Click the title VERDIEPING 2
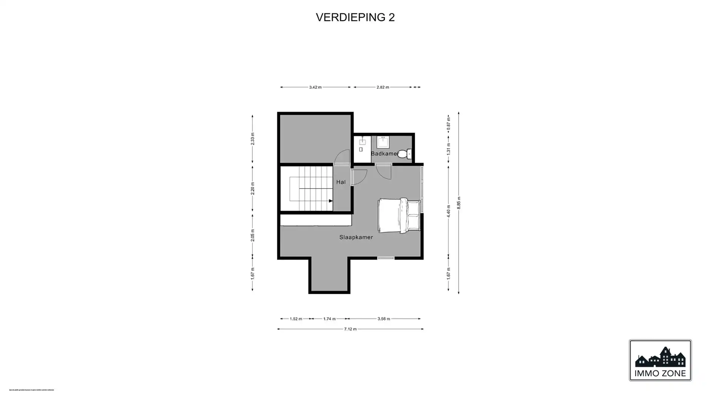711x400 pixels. (355, 17)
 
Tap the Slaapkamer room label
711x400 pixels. (356, 237)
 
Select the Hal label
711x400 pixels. (341, 182)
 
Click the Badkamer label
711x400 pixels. (384, 153)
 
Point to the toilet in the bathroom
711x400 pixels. (404, 153)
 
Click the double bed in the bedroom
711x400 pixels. (399, 216)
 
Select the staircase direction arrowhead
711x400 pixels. (331, 201)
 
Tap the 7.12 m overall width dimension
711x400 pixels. (350, 329)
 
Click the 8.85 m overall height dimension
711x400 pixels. (459, 203)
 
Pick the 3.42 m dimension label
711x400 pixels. (315, 87)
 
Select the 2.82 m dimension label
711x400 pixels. (383, 87)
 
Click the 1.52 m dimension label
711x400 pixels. (296, 319)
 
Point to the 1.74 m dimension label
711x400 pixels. (329, 319)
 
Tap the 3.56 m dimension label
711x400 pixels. (384, 319)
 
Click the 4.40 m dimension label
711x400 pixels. (448, 211)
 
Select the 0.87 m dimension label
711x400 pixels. (448, 123)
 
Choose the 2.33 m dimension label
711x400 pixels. (253, 139)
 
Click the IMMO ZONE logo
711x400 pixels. (660, 360)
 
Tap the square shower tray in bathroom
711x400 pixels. (383, 142)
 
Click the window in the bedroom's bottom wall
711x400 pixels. (386, 257)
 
